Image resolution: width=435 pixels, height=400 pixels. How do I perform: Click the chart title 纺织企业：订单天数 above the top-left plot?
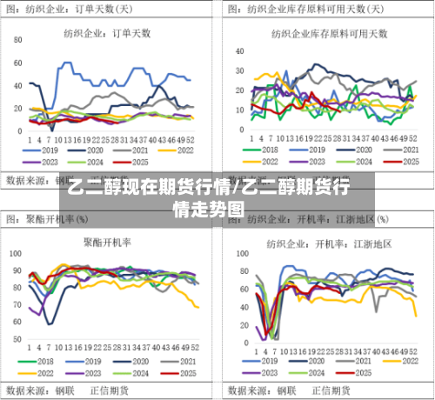pos(107,33)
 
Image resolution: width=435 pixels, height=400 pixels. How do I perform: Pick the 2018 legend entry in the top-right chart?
pos(265,149)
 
